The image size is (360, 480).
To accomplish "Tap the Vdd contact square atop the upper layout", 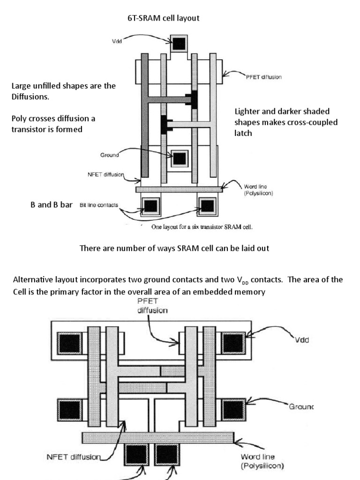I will [179, 44].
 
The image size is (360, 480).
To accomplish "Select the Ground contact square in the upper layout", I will [180, 159].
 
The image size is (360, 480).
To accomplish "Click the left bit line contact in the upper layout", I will [151, 206].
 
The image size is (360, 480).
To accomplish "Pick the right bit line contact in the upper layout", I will [207, 206].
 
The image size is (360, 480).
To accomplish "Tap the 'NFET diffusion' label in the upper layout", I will [105, 174].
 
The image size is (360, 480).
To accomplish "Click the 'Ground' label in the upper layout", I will [109, 155].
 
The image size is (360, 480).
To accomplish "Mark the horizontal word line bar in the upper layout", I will [179, 189].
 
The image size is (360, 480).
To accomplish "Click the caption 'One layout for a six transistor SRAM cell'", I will [202, 227].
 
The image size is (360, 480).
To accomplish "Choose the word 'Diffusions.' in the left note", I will [30, 97].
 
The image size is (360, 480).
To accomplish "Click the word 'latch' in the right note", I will [243, 133].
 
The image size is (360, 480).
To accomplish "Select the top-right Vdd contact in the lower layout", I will [233, 344].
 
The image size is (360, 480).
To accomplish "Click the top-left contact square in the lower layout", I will [69, 344].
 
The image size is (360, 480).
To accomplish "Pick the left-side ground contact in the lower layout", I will [69, 410].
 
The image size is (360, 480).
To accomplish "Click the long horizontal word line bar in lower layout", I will [157, 437].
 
